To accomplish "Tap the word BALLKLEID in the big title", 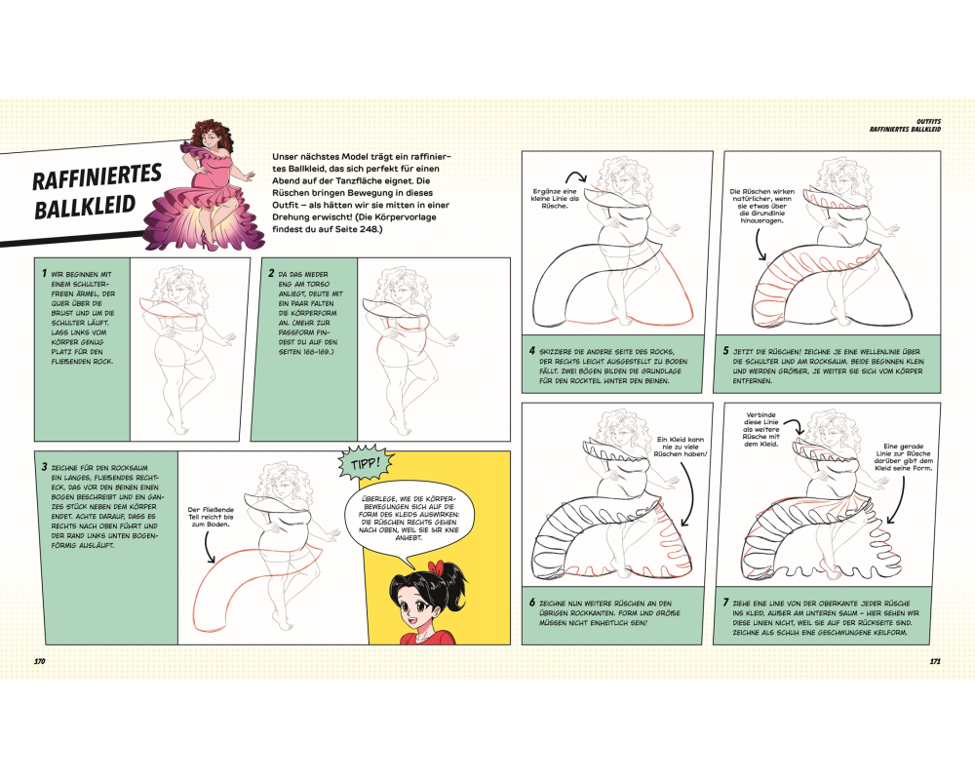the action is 85,206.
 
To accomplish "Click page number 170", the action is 40,661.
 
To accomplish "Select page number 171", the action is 935,661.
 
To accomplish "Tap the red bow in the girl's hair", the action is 441,567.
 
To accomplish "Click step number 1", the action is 44,273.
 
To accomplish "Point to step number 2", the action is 271,273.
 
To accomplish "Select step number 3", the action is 44,466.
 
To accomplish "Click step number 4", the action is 531,351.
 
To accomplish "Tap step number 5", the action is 725,351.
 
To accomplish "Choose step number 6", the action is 532,603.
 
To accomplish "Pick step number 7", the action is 725,603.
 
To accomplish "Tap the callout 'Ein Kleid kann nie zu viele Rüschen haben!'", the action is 680,447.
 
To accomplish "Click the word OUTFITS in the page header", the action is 928,122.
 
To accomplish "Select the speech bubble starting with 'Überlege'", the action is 408,518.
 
